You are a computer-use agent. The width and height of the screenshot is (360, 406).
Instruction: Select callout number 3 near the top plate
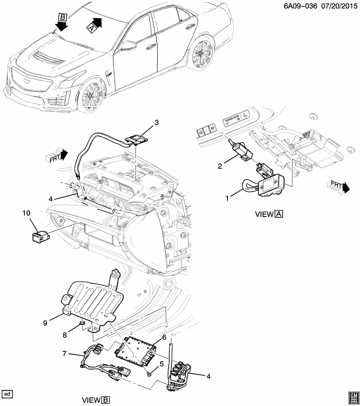[156, 123]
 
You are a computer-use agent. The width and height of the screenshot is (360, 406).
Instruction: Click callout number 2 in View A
[220, 166]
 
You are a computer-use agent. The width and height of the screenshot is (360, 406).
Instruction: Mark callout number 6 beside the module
[164, 338]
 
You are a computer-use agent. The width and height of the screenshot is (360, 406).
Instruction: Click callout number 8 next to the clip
[65, 335]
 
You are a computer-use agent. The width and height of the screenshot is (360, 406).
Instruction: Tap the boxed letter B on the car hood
[63, 17]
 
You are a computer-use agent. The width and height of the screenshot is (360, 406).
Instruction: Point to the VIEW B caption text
[96, 400]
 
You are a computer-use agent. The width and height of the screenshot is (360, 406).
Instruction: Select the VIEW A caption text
[269, 214]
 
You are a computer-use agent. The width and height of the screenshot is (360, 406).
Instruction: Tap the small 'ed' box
[7, 394]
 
